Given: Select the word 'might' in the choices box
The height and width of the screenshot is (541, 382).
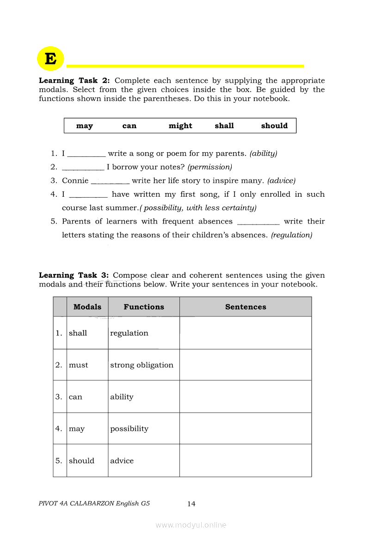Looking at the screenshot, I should pos(180,126).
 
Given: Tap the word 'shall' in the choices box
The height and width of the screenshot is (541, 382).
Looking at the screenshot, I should pos(224,126).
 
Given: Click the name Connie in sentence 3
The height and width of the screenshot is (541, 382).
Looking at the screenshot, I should pos(75,180).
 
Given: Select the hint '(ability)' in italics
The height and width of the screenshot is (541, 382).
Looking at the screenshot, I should pos(263,153).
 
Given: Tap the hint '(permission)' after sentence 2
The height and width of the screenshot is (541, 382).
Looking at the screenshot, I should pos(209,167).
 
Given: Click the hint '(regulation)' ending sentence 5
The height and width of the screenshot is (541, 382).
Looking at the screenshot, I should pos(291,235).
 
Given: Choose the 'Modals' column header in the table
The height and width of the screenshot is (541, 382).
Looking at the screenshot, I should pos(87,307).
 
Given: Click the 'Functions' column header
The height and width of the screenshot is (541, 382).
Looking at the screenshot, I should pos(144,307).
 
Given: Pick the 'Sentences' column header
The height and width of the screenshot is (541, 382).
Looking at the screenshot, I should pos(246,307).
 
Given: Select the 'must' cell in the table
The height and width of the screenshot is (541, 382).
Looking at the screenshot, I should pos(79,365).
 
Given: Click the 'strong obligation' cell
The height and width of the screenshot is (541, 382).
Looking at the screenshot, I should pos(142,365).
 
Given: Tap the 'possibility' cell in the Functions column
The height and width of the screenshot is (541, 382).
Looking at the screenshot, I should pos(129,429).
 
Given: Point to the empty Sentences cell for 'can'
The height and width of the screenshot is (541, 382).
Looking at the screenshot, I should pos(246,397).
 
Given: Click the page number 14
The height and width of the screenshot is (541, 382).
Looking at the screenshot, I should pos(191,504).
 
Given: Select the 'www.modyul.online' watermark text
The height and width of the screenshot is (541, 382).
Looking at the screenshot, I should pos(191,525).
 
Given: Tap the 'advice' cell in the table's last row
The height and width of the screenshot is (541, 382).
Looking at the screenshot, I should pos(122,461).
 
